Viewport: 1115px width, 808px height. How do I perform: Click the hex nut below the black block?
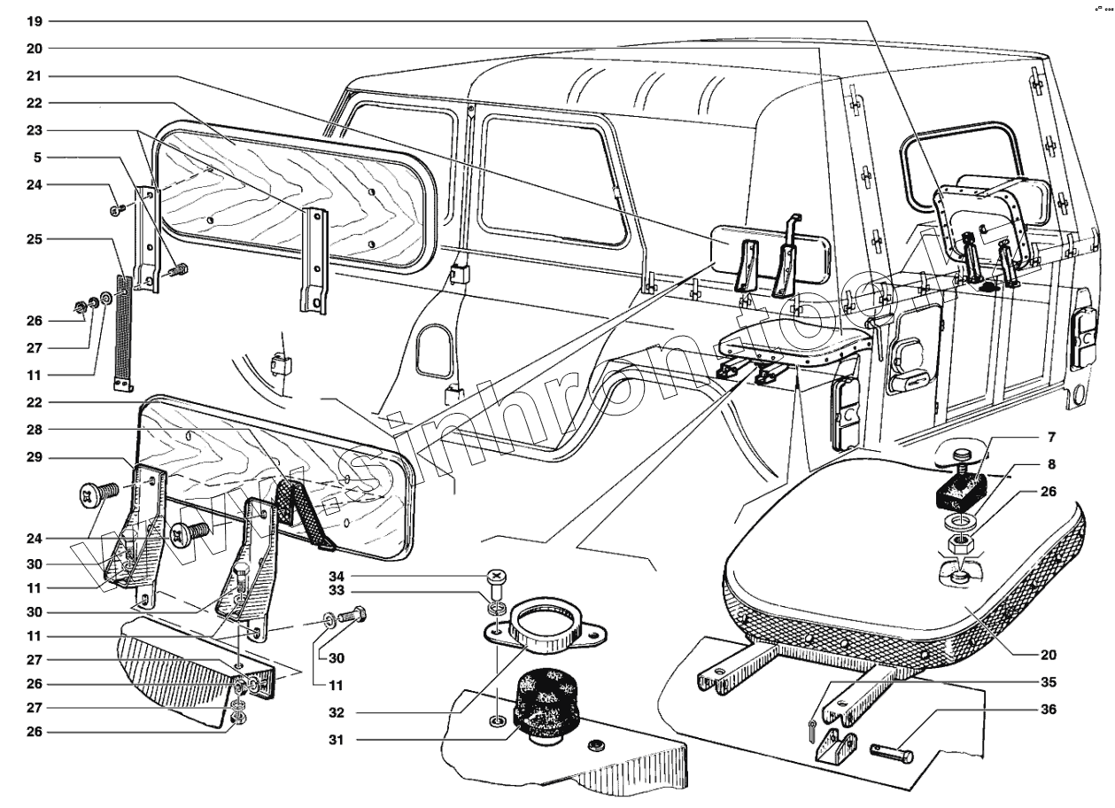pos(957,542)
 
